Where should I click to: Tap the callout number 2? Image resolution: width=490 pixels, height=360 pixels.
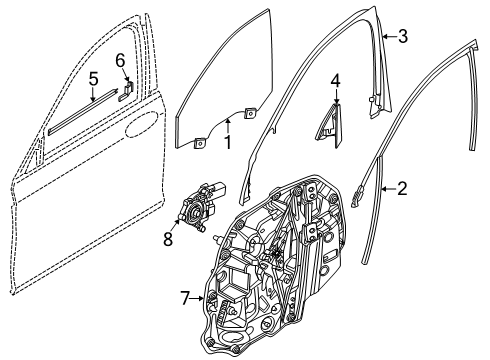click(402, 187)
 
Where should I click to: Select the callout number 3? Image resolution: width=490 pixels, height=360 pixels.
click(402, 38)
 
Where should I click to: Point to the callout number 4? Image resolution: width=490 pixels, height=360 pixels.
click(336, 79)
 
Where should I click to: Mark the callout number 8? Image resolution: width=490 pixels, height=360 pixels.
click(168, 240)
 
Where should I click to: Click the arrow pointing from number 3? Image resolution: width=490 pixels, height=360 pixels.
click(386, 36)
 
